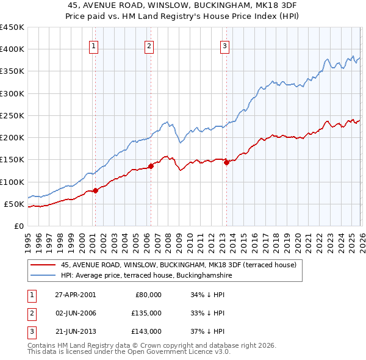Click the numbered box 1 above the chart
click(x=94, y=45)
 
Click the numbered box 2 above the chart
click(x=149, y=45)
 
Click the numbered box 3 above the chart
click(x=224, y=45)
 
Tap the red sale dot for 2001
click(x=95, y=190)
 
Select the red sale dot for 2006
click(x=151, y=166)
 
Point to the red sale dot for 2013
click(x=226, y=162)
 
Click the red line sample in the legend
click(x=43, y=265)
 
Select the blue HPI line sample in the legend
click(x=43, y=275)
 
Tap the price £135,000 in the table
click(x=146, y=313)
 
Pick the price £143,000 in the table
click(x=146, y=331)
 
